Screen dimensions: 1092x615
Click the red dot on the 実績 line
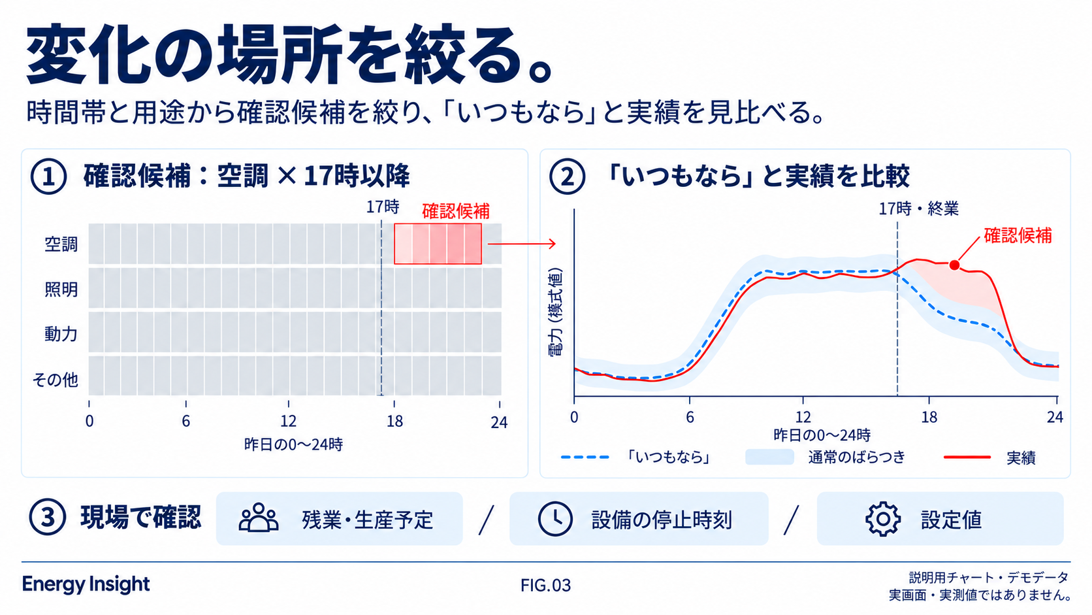(954, 265)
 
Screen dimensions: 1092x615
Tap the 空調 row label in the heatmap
(61, 244)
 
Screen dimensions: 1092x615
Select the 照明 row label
(61, 290)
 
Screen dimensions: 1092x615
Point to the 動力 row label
(61, 334)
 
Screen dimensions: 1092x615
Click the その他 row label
(55, 380)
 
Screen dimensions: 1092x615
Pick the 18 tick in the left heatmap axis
(394, 421)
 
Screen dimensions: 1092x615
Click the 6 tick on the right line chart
(689, 417)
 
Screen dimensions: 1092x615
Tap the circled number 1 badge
(48, 176)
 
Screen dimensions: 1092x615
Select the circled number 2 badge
(567, 176)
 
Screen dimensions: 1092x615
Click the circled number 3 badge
(47, 517)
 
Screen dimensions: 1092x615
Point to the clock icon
(555, 519)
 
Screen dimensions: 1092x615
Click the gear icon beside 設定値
(883, 519)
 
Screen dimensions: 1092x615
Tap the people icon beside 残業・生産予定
(259, 517)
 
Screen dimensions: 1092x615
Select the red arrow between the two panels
(522, 244)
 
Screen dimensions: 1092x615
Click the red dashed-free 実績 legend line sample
(967, 457)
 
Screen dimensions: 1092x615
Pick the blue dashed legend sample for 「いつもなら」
(585, 457)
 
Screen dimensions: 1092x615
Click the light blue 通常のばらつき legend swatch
(770, 457)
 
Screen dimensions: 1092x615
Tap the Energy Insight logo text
(86, 584)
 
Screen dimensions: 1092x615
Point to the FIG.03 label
(545, 585)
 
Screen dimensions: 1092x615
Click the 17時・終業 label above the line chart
(918, 208)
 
